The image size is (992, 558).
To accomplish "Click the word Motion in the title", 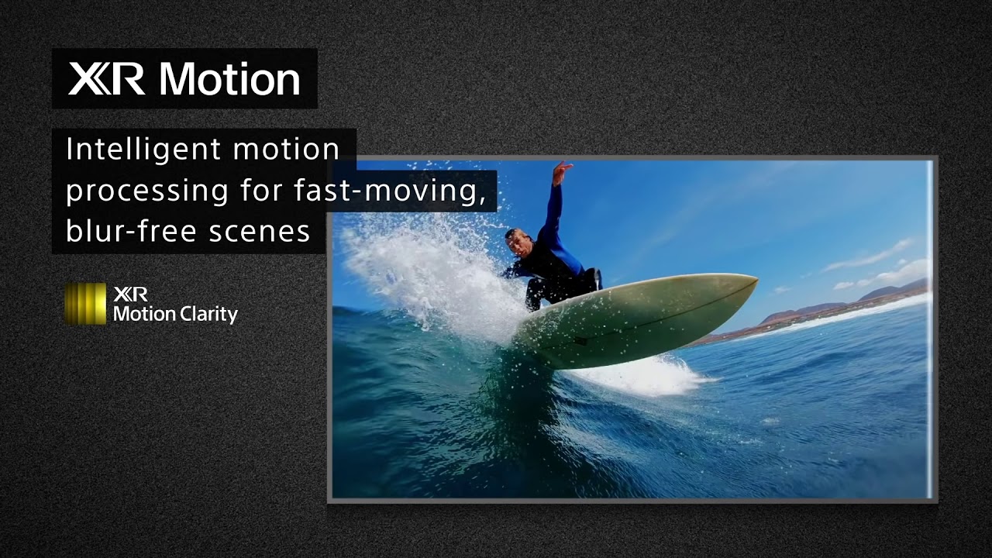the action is [229, 79].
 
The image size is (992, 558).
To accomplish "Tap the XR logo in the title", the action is [106, 79].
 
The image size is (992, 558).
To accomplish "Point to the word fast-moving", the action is [390, 191].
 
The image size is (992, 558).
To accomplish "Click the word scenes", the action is [259, 232].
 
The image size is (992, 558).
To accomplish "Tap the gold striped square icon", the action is [86, 304].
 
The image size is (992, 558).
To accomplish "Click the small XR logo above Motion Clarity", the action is [131, 294].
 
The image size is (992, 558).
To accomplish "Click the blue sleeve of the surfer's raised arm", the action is [553, 212].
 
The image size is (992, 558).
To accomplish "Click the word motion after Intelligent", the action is [287, 150].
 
